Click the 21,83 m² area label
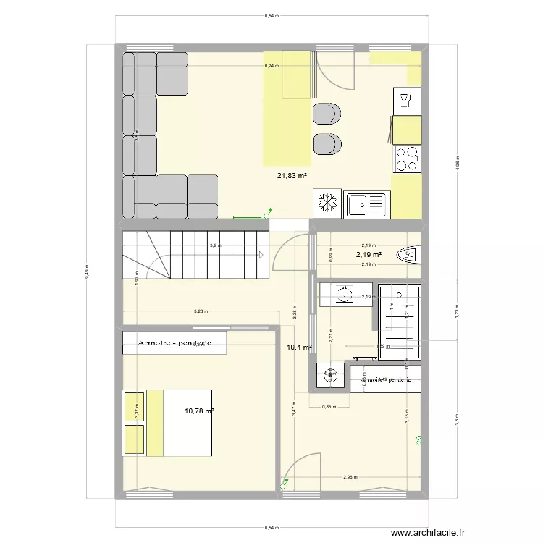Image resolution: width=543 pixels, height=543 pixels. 292,175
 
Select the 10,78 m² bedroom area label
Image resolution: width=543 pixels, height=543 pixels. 199,411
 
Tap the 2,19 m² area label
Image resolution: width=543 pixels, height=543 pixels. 368,255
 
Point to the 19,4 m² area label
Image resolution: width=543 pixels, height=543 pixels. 300,348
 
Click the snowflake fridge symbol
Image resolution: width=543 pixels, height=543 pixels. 326,203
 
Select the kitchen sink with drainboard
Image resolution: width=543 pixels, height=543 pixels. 368,204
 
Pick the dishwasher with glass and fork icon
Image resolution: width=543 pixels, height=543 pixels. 406,101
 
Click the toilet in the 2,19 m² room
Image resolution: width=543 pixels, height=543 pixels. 408,255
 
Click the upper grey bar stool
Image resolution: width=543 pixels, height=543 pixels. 327,114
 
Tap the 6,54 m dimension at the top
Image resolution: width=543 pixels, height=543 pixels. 273,15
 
